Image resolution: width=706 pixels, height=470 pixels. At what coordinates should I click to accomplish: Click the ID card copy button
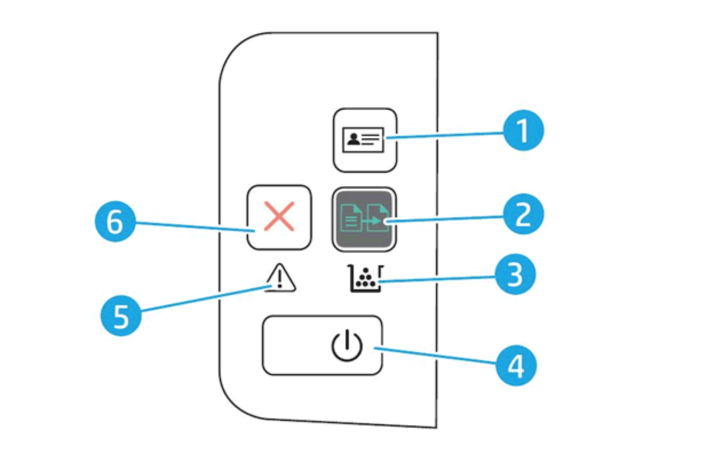(x=364, y=140)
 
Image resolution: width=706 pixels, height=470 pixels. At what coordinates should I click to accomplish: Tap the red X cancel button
(x=279, y=217)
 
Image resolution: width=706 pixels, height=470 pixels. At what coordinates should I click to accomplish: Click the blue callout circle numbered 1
(x=523, y=130)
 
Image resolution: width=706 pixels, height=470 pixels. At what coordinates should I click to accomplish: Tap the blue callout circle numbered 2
(x=523, y=216)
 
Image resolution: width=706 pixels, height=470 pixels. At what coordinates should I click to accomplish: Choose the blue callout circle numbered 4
(x=515, y=366)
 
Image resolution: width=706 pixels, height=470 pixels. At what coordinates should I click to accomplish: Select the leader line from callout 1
(x=446, y=135)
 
